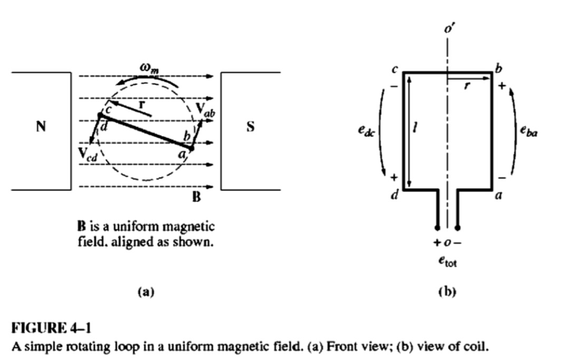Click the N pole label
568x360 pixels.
41,126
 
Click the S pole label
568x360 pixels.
250,126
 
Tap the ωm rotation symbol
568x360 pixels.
149,68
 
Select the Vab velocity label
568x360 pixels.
205,110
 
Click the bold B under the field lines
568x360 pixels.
196,197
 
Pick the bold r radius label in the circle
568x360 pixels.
141,105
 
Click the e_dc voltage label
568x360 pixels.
367,130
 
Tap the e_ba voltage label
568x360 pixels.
529,130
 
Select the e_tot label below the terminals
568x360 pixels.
448,261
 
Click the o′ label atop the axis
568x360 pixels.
449,28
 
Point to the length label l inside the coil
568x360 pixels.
415,127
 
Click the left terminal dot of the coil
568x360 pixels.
437,228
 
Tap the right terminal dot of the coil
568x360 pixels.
458,228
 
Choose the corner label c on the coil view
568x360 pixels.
395,69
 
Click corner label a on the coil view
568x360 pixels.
499,196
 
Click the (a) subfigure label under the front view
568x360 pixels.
146,292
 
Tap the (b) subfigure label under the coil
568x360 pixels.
448,292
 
